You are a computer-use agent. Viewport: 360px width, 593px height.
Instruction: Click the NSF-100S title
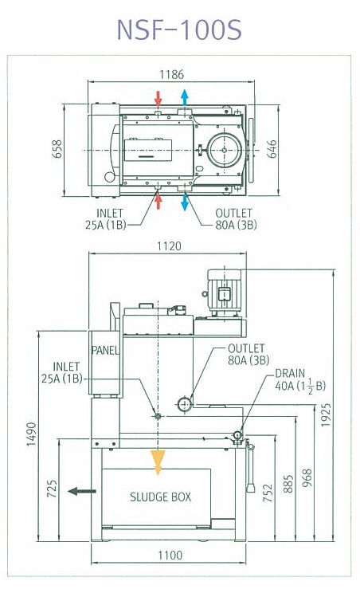pyautogui.click(x=179, y=29)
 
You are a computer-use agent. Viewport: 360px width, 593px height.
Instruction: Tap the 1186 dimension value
pyautogui.click(x=171, y=74)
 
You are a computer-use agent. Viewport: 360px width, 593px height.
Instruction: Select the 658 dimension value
pyautogui.click(x=57, y=148)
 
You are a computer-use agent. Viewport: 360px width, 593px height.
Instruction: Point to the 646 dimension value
pyautogui.click(x=272, y=148)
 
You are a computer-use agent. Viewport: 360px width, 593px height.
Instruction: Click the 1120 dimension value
pyautogui.click(x=169, y=246)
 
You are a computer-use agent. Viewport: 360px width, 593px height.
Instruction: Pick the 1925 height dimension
pyautogui.click(x=326, y=415)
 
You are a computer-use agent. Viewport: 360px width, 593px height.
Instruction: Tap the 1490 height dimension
pyautogui.click(x=32, y=434)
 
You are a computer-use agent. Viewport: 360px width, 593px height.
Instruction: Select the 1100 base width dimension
pyautogui.click(x=170, y=556)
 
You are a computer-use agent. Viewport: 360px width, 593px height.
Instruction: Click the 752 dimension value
pyautogui.click(x=268, y=493)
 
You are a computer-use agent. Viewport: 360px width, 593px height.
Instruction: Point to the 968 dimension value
pyautogui.click(x=308, y=478)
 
